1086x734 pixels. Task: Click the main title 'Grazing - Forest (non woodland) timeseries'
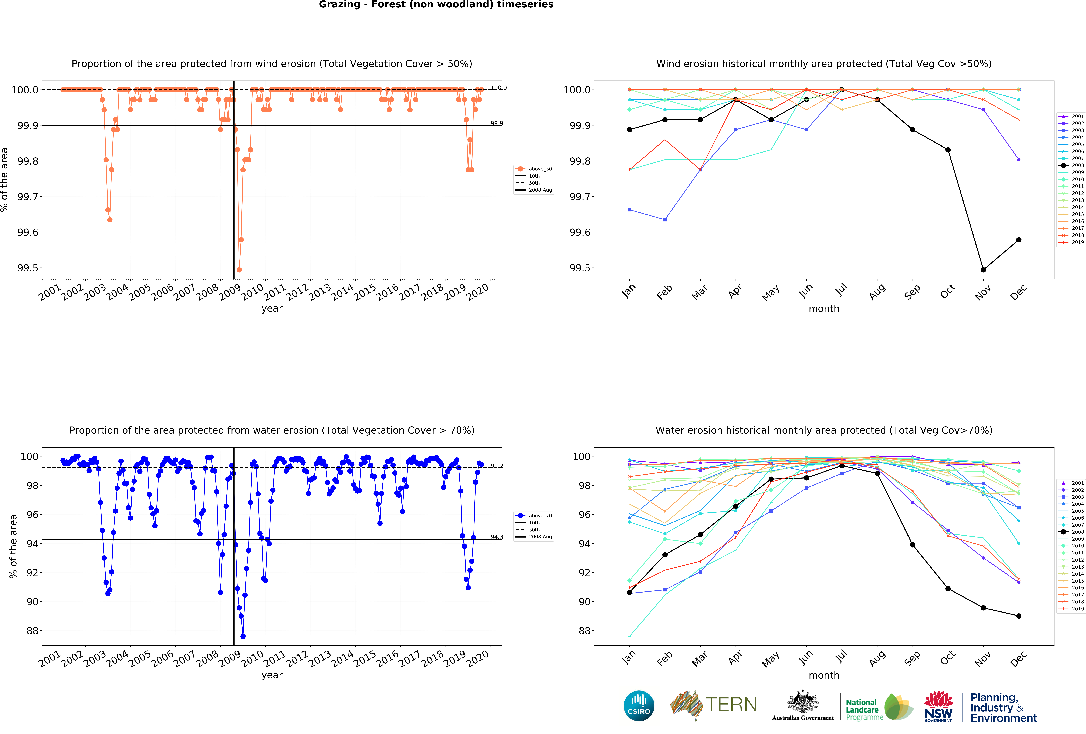click(x=436, y=5)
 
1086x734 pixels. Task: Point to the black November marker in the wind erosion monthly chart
click(x=983, y=270)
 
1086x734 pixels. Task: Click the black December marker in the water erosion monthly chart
click(x=1019, y=616)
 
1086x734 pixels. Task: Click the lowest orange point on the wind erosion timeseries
click(x=239, y=270)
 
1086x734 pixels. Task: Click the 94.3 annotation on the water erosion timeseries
click(x=496, y=537)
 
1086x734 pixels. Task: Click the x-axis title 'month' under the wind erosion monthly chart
click(x=824, y=309)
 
